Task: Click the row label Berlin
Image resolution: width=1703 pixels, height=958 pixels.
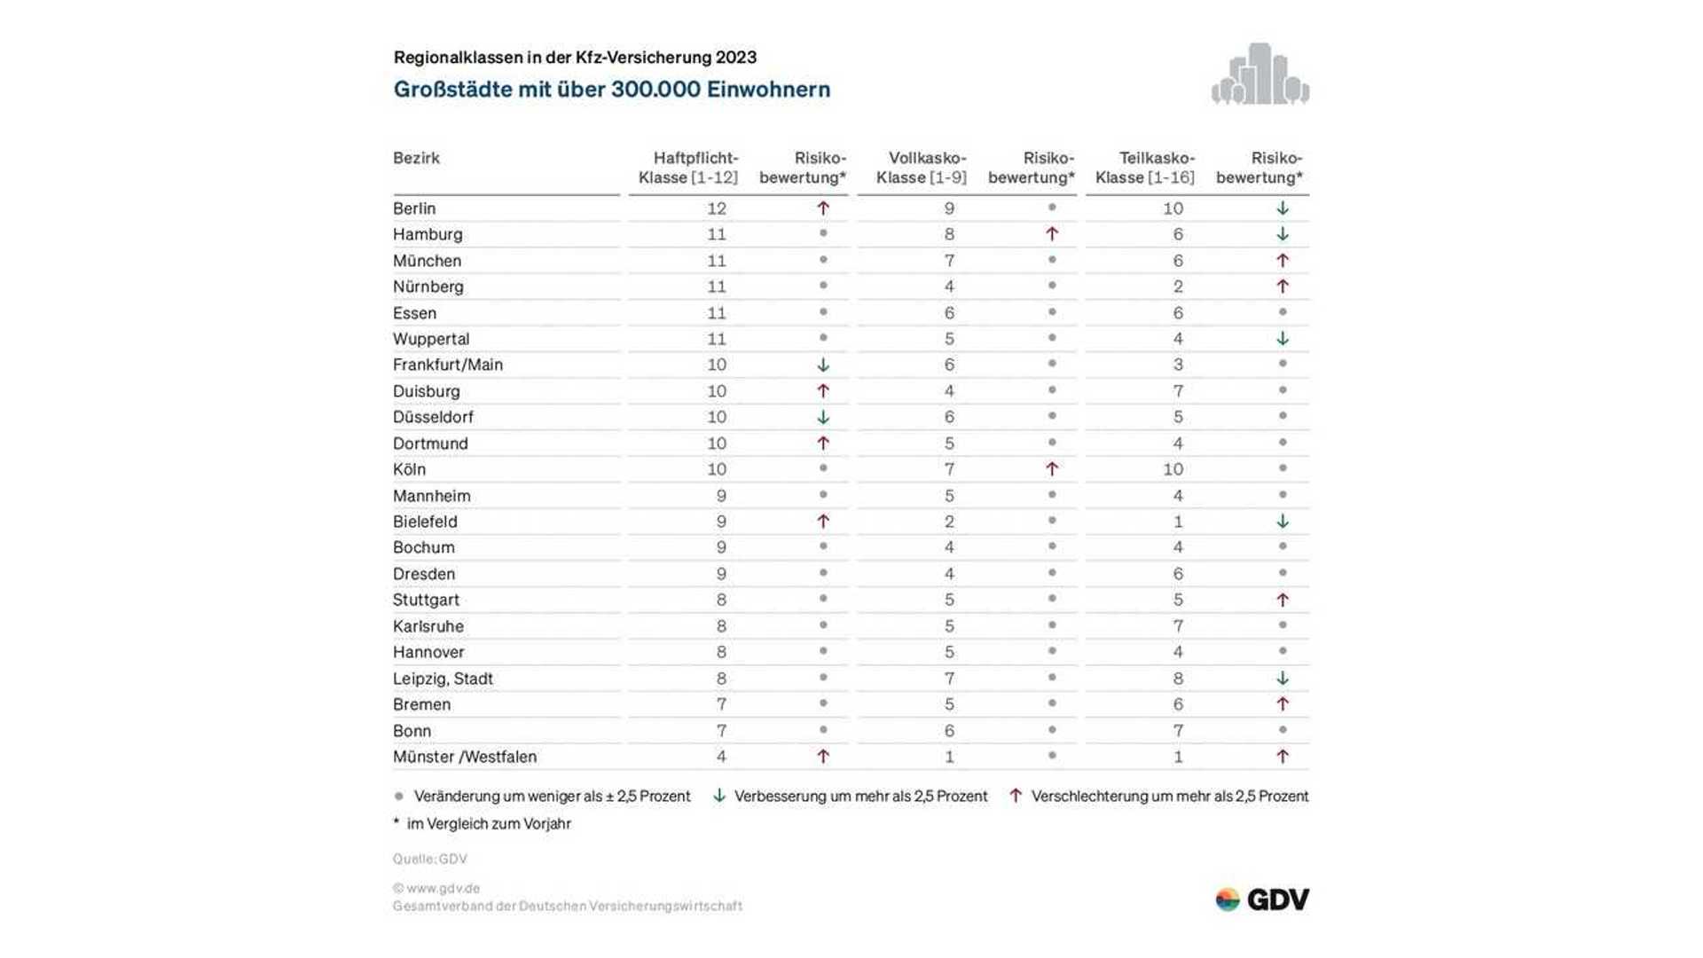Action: tap(414, 208)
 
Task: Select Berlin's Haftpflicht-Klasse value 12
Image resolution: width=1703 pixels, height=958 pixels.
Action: tap(717, 208)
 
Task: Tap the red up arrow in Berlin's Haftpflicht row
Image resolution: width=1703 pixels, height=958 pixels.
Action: tap(823, 208)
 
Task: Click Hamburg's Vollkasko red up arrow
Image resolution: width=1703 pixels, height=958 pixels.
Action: tap(1051, 234)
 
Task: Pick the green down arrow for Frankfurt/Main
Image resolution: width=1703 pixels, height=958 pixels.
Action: tap(823, 365)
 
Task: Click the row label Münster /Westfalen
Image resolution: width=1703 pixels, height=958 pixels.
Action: tap(465, 757)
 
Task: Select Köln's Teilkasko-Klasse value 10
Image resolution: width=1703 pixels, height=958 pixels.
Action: tap(1173, 469)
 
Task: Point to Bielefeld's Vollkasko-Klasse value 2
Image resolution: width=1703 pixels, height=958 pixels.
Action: tap(949, 522)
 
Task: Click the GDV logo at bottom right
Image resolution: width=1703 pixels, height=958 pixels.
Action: tap(1262, 899)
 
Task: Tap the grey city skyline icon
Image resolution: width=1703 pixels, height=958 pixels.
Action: tap(1260, 75)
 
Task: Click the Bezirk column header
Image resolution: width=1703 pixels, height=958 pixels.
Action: tap(416, 158)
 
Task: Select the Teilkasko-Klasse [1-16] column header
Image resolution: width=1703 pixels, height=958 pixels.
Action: tap(1145, 168)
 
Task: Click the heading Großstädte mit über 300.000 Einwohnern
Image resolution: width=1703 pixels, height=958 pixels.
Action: tap(612, 90)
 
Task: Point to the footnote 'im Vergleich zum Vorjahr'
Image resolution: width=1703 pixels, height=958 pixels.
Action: tap(488, 823)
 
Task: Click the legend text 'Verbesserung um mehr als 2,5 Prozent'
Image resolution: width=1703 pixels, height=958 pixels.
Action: tap(860, 797)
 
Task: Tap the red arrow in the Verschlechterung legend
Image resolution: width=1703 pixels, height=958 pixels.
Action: tap(1016, 796)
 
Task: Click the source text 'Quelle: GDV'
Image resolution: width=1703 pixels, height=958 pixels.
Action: tap(430, 859)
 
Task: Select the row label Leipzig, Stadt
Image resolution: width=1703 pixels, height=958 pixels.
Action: tap(443, 679)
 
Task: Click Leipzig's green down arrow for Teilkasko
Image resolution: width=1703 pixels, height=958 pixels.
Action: tap(1282, 679)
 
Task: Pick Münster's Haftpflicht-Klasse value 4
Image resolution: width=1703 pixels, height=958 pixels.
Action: tap(721, 757)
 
